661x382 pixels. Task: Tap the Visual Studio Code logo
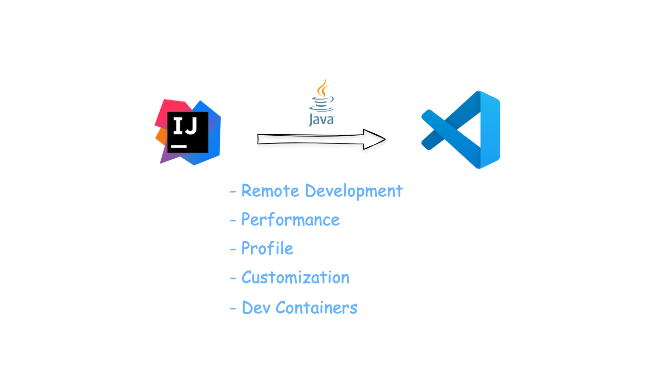point(461,129)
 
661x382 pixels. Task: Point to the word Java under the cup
point(321,119)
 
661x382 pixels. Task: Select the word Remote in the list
point(270,191)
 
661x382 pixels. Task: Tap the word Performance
point(290,220)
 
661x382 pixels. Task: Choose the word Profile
point(267,249)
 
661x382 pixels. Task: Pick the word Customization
point(295,278)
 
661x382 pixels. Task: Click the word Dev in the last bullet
point(255,307)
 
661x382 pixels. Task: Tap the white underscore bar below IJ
point(179,145)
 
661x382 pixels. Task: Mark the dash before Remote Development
point(233,192)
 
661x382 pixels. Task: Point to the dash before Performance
point(233,221)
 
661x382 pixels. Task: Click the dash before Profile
point(233,250)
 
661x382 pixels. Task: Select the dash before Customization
point(233,279)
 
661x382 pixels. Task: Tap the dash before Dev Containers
point(233,308)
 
